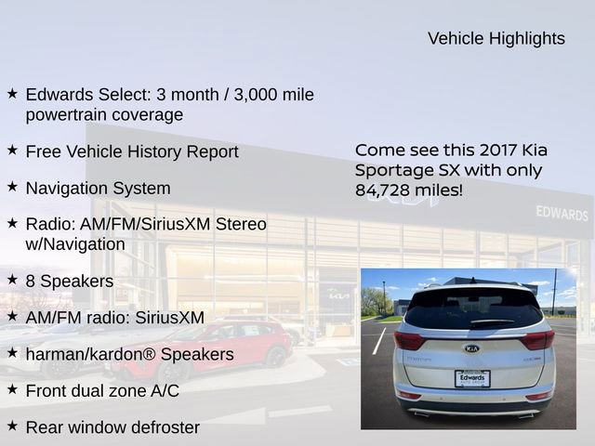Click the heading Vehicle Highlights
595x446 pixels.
pyautogui.click(x=496, y=38)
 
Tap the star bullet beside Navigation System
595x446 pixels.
pyautogui.click(x=12, y=187)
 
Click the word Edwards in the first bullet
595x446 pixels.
pyautogui.click(x=58, y=95)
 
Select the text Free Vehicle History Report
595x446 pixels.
pyautogui.click(x=132, y=151)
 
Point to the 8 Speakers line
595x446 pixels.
pyautogui.click(x=70, y=281)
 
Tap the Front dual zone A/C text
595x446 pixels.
pyautogui.click(x=102, y=391)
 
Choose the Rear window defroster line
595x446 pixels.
pyautogui.click(x=112, y=427)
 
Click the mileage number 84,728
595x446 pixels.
pyautogui.click(x=389, y=190)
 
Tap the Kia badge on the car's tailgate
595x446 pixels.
pyautogui.click(x=472, y=348)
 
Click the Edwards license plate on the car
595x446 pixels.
pyautogui.click(x=472, y=378)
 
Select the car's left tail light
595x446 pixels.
pyautogui.click(x=409, y=339)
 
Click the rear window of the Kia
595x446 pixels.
pyautogui.click(x=472, y=309)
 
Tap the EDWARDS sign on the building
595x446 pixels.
pyautogui.click(x=562, y=214)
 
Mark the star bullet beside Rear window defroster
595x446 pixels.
pyautogui.click(x=12, y=426)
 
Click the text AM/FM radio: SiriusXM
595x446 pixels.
pyautogui.click(x=115, y=317)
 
